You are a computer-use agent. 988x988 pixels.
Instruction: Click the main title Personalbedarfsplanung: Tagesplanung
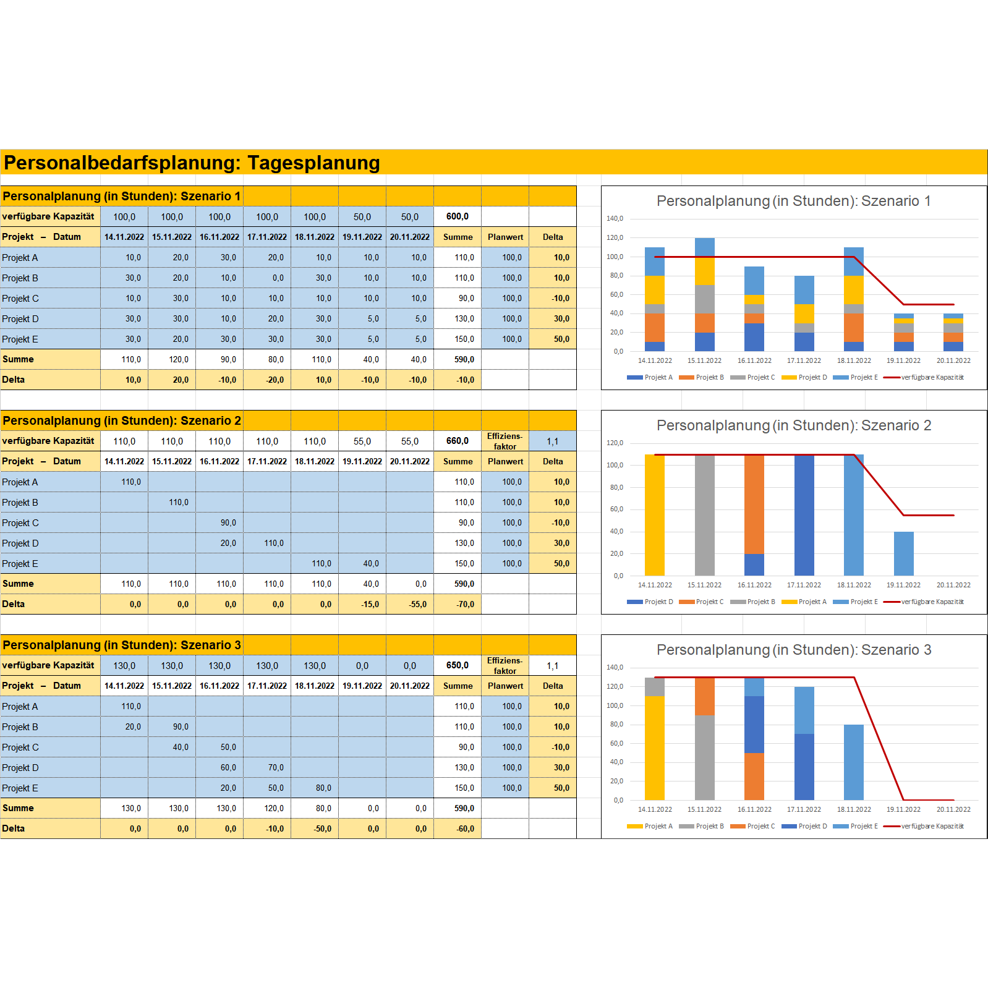pyautogui.click(x=192, y=163)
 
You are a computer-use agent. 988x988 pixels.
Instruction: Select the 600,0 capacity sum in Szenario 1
pyautogui.click(x=458, y=216)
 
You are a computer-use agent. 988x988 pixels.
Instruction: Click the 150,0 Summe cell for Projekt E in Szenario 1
pyautogui.click(x=464, y=339)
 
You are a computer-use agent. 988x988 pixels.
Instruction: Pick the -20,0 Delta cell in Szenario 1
pyautogui.click(x=275, y=380)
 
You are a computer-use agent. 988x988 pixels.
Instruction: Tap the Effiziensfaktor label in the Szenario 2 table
pyautogui.click(x=505, y=441)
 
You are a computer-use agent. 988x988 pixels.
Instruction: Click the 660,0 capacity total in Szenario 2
pyautogui.click(x=458, y=441)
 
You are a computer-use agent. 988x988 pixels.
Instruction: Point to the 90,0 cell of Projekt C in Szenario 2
pyautogui.click(x=228, y=522)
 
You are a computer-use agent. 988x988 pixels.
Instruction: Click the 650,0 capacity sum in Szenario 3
pyautogui.click(x=458, y=665)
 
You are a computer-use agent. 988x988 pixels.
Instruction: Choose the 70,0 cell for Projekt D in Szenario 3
pyautogui.click(x=276, y=767)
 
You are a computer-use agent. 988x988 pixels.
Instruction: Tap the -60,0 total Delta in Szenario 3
pyautogui.click(x=465, y=828)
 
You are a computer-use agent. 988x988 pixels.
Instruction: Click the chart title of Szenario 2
pyautogui.click(x=793, y=425)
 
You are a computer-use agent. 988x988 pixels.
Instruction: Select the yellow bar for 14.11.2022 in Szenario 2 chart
pyautogui.click(x=655, y=514)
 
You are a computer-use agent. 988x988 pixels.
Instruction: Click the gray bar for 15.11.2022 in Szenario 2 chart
pyautogui.click(x=704, y=514)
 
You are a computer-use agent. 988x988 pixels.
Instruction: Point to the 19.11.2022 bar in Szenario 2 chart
pyautogui.click(x=903, y=553)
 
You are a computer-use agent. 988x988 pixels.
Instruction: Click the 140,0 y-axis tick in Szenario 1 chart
pyautogui.click(x=615, y=218)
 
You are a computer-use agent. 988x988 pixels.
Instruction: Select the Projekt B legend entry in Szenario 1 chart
pyautogui.click(x=702, y=377)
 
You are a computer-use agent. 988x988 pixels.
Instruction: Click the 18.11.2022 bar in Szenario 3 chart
pyautogui.click(x=854, y=762)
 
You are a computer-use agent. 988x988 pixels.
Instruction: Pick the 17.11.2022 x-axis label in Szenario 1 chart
pyautogui.click(x=804, y=360)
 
